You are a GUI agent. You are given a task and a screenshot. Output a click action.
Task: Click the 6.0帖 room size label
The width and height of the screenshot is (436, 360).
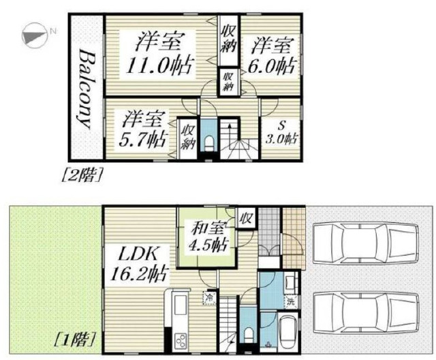(x=271, y=66)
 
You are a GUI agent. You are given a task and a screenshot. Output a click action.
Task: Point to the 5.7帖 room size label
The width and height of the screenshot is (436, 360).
(x=142, y=139)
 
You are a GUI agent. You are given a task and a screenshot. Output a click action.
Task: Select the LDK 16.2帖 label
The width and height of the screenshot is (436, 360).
(x=138, y=264)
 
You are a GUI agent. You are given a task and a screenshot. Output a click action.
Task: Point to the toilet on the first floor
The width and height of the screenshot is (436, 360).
(x=247, y=334)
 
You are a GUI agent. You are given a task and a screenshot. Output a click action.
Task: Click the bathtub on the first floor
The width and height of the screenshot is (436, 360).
(x=287, y=333)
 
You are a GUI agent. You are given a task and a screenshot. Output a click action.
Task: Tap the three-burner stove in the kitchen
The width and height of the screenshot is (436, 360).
(x=181, y=340)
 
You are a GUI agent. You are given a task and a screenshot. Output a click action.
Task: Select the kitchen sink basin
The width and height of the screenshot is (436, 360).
(x=180, y=305)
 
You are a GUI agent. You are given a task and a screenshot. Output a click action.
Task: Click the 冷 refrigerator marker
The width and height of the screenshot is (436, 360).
(x=209, y=297)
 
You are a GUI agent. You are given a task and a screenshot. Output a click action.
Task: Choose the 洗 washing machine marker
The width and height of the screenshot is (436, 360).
(x=291, y=301)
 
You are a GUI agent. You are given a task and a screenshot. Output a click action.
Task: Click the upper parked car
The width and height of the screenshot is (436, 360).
(x=366, y=243)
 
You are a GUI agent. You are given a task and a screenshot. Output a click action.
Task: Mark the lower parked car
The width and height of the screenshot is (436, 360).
(x=366, y=312)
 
